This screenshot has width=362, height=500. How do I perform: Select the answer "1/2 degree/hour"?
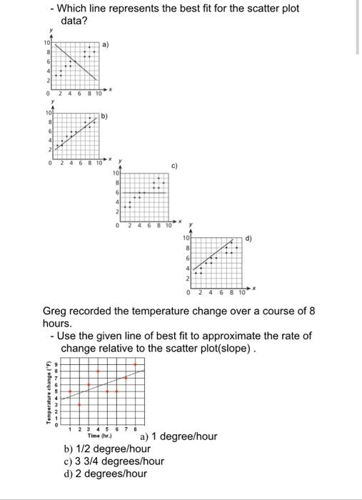tap(107, 449)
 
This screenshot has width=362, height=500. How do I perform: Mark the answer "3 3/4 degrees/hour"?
tap(114, 461)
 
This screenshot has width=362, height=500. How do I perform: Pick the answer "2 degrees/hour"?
tap(105, 473)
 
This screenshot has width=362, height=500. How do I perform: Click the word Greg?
tap(55, 311)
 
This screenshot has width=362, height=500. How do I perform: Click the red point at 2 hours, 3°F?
tap(79, 404)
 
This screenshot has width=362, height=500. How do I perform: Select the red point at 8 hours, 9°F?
tap(135, 364)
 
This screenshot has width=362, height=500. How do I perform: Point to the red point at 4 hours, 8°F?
tap(98, 371)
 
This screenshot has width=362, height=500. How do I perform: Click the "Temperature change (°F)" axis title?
tap(49, 393)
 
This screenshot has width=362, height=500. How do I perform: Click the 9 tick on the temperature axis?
tap(57, 364)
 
